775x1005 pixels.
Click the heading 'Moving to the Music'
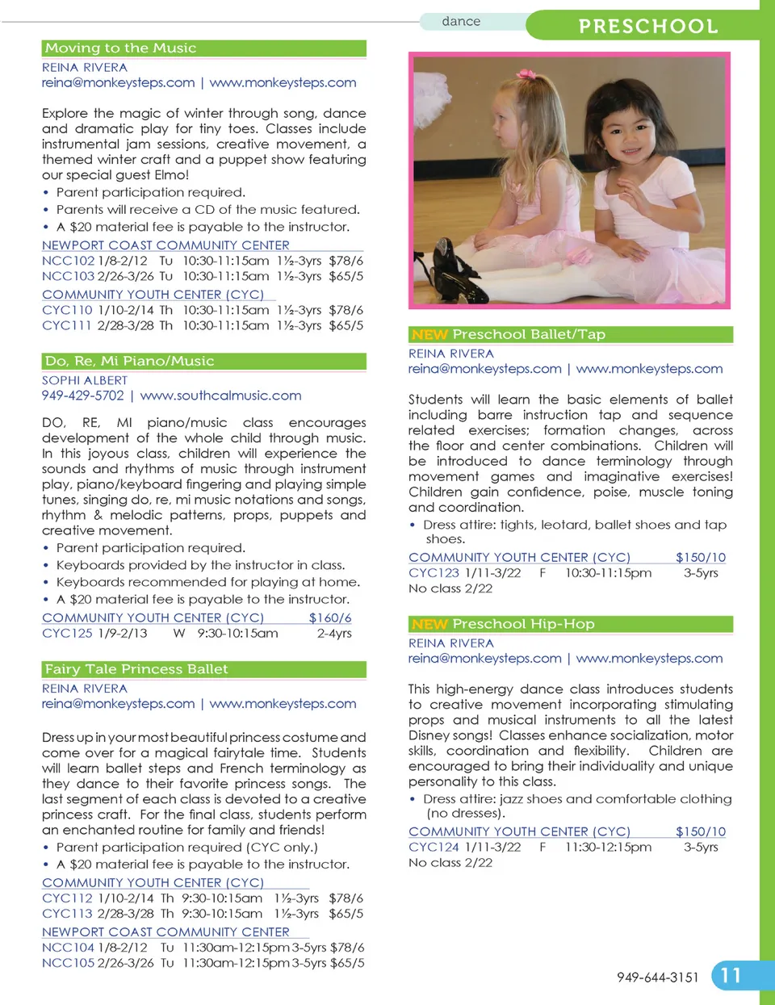click(x=121, y=48)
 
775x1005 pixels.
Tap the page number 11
click(x=731, y=975)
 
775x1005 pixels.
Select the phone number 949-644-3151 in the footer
click(x=657, y=978)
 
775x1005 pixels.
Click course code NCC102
click(x=68, y=261)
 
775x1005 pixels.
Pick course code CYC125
click(x=67, y=633)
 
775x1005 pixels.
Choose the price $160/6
click(x=329, y=618)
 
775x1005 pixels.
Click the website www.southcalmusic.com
click(x=220, y=396)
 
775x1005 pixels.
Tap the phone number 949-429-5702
click(x=82, y=396)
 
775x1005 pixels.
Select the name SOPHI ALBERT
click(x=85, y=380)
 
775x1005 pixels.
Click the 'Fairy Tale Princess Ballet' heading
click(x=136, y=669)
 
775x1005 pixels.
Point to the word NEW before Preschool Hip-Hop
click(x=429, y=624)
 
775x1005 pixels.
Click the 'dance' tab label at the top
click(x=461, y=22)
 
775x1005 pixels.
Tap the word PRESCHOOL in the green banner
click(x=648, y=27)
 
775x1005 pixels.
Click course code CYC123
click(x=434, y=572)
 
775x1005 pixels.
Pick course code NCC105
click(x=68, y=962)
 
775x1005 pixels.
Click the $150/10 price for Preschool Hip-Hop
click(x=700, y=831)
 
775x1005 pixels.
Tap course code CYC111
click(x=67, y=325)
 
